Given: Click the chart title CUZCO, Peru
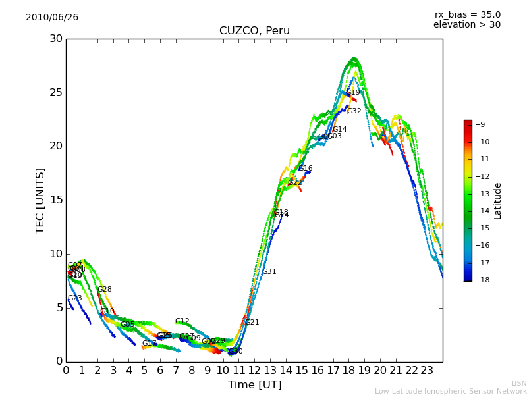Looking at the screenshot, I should point(254,31).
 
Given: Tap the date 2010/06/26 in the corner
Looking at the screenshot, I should point(52,18).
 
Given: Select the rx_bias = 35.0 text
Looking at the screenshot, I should point(467,14).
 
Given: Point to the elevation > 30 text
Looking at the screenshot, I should point(466,25).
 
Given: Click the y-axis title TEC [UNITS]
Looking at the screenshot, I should point(41,200).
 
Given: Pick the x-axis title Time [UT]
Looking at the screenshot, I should point(254,384).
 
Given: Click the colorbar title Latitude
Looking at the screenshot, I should point(498,201).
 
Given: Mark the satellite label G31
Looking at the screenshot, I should point(269,272).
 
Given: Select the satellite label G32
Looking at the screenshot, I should point(354,111).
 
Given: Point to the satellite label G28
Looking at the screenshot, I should point(104,290).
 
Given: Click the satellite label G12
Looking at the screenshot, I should point(182,321).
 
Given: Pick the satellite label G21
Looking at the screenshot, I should point(252,323).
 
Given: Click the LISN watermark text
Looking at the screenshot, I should point(518,383).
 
